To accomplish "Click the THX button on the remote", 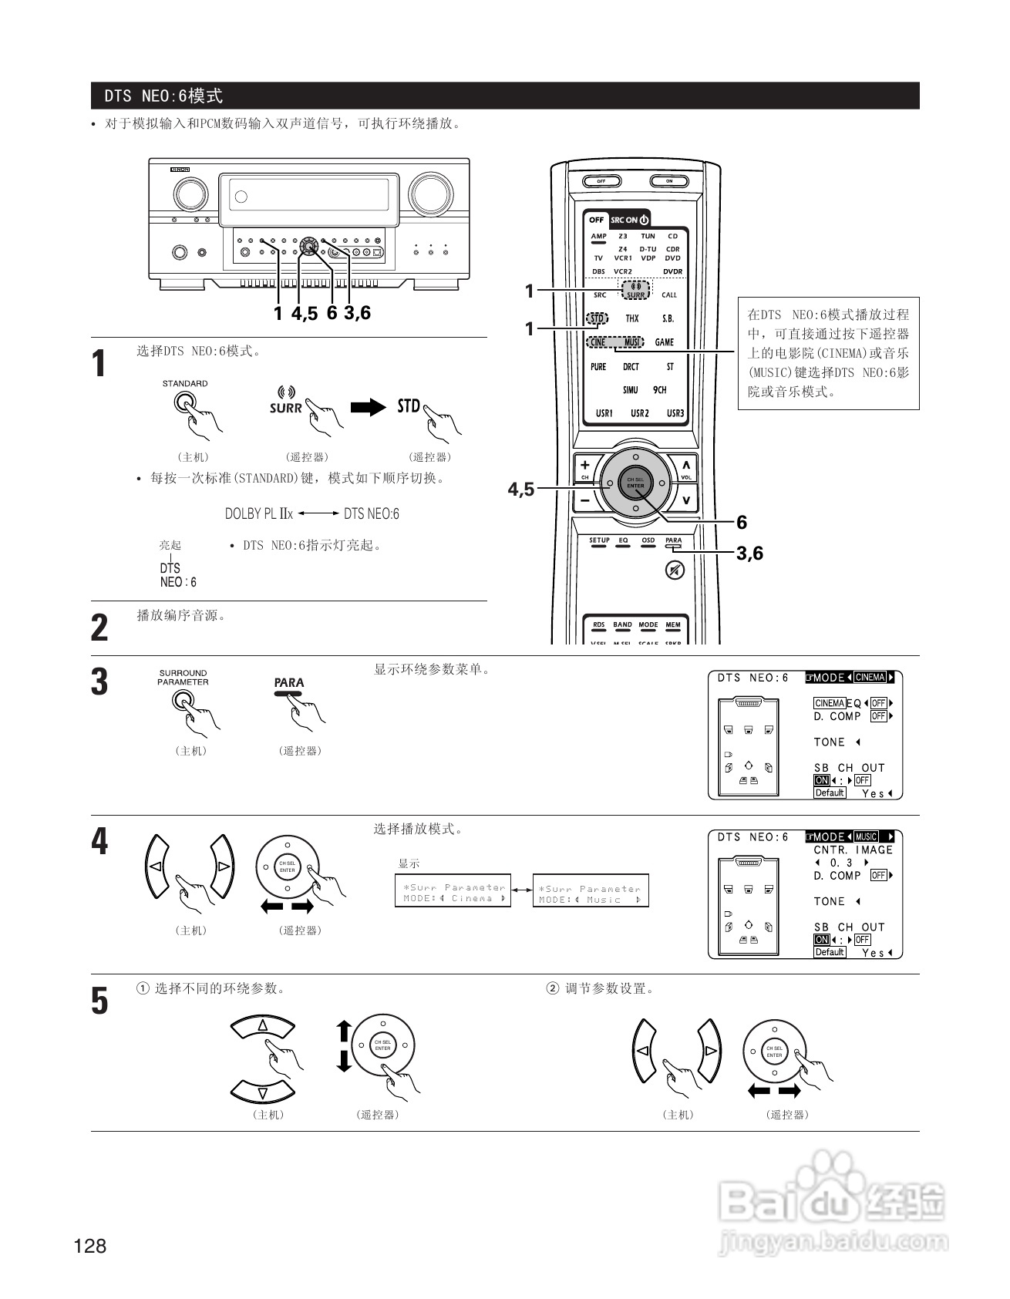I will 631,318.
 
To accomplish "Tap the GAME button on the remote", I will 664,342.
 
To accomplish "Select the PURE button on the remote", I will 598,367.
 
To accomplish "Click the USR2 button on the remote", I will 639,413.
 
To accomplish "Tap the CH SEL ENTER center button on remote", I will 635,483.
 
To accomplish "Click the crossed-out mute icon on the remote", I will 675,570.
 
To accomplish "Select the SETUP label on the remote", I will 599,541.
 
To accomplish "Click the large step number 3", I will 100,682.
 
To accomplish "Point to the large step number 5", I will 100,1001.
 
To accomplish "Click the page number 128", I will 90,1246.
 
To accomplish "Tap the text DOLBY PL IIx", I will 259,513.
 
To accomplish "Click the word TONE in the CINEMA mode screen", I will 830,742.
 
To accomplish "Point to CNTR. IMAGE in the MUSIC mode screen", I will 853,850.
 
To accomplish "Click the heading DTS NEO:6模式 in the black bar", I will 163,96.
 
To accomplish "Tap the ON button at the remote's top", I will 669,181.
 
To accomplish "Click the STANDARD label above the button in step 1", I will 184,383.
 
